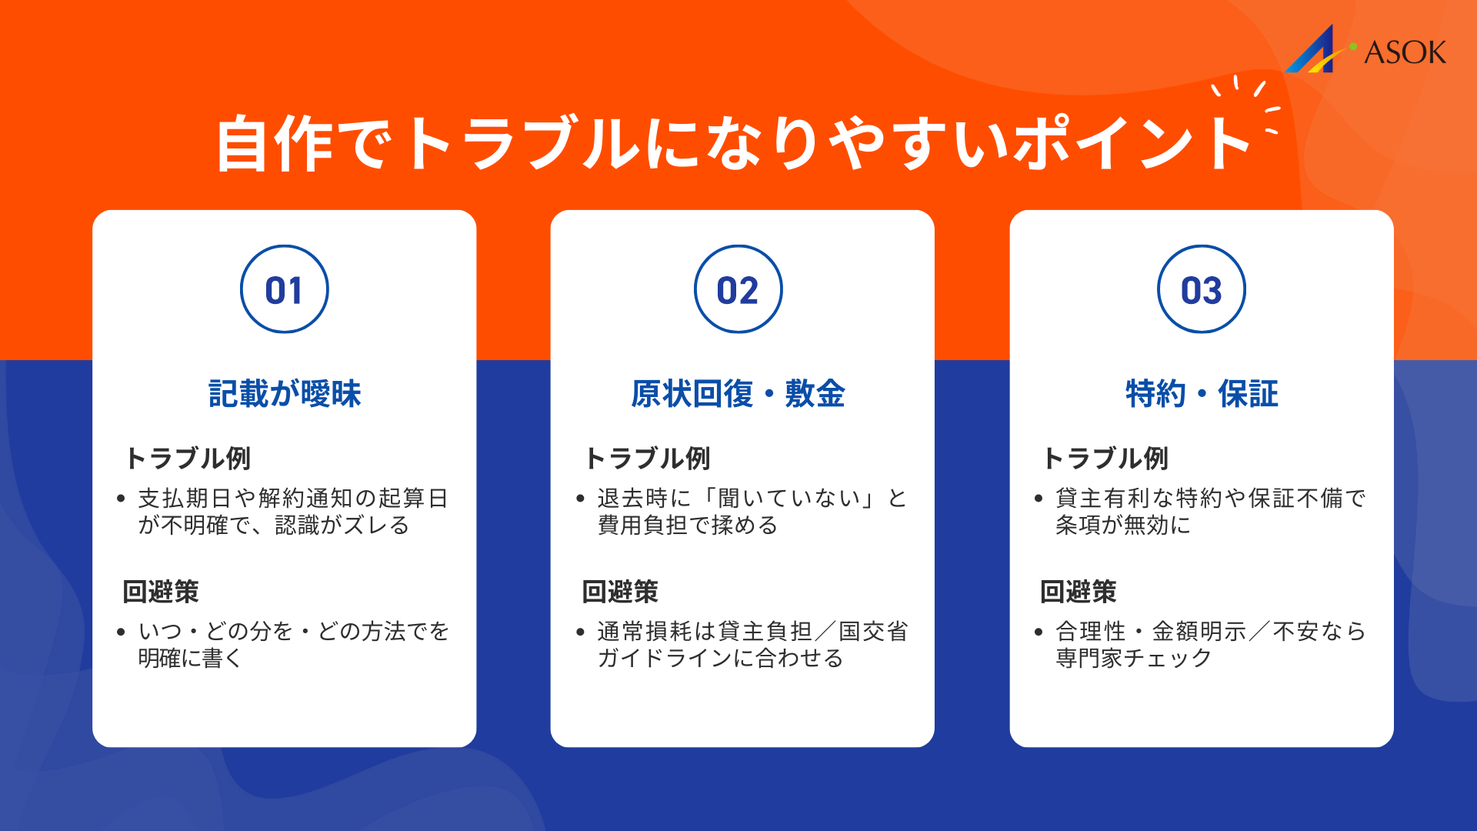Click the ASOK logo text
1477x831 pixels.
click(x=1405, y=52)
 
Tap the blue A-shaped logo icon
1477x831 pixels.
click(x=1314, y=52)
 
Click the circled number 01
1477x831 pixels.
click(x=284, y=290)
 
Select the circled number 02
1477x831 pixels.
click(x=738, y=290)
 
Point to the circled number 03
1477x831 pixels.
click(x=1201, y=290)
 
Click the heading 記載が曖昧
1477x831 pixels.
click(x=285, y=394)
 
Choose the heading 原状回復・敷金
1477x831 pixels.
click(x=738, y=394)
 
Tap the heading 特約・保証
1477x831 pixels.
click(x=1201, y=394)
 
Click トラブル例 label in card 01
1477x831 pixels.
click(x=188, y=459)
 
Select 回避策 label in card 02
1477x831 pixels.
click(x=620, y=592)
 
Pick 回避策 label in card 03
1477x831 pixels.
click(x=1078, y=592)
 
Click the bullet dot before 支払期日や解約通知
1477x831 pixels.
click(x=121, y=499)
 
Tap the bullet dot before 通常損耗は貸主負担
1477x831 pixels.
click(x=580, y=632)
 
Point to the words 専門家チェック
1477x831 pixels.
click(x=1133, y=659)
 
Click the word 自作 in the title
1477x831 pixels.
click(x=275, y=144)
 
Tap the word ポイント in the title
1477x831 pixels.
click(x=1131, y=144)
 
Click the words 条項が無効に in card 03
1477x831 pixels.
click(x=1122, y=526)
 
